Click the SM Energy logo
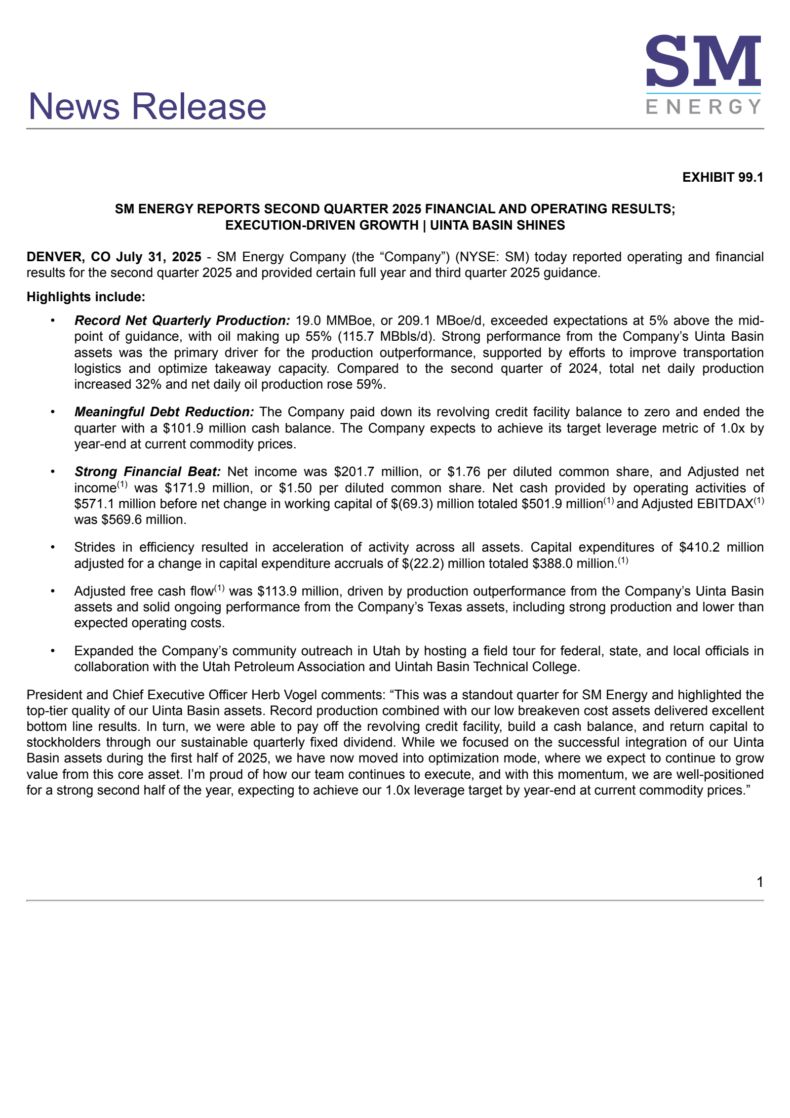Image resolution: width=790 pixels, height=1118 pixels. point(703,74)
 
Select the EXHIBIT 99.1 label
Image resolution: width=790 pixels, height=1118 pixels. point(722,177)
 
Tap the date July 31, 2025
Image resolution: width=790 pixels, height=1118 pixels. point(158,257)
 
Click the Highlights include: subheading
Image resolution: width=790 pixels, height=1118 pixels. point(86,297)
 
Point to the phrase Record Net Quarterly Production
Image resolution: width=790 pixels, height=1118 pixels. point(182,320)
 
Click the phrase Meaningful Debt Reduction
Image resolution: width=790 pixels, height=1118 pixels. point(164,412)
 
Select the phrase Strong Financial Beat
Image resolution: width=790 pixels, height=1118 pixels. point(148,472)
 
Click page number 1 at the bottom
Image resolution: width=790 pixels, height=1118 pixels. point(760,882)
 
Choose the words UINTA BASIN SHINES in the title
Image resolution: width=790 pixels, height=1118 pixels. point(497,225)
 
